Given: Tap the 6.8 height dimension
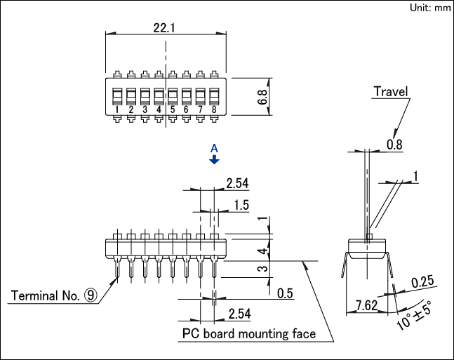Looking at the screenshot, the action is [x=262, y=97].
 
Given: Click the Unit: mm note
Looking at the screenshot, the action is [x=430, y=8].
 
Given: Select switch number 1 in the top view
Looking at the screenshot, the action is [x=117, y=97].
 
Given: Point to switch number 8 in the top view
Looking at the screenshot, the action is [x=214, y=97].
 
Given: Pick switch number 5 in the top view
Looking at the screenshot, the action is [x=173, y=97].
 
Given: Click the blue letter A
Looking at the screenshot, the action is [x=214, y=149].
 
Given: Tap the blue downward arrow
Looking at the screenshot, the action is [x=214, y=159].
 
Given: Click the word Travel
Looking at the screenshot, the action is [x=391, y=91].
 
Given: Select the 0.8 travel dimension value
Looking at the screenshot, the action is [x=394, y=145].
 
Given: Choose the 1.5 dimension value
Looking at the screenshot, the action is [x=241, y=205].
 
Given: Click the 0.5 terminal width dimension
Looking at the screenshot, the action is [x=285, y=293].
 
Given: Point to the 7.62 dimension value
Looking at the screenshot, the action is [x=366, y=305].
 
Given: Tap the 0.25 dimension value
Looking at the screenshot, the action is [x=422, y=282].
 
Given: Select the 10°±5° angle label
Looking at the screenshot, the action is [x=414, y=315].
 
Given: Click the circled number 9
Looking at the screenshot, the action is [x=91, y=295].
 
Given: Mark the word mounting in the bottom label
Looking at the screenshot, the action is [x=263, y=334].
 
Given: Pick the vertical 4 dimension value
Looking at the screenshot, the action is [x=263, y=251].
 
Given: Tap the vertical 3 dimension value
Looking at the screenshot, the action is [x=263, y=269].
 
